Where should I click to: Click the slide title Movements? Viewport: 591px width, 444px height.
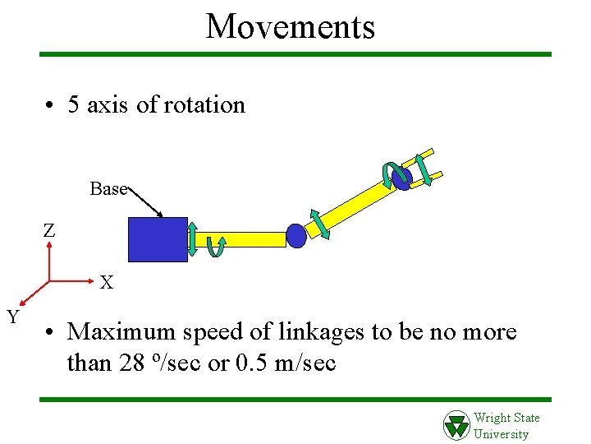[x=291, y=26]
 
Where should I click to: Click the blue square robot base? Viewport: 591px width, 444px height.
[x=158, y=239]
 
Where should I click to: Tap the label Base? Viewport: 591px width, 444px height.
[x=108, y=189]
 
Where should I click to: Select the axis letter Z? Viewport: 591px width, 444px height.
[x=49, y=231]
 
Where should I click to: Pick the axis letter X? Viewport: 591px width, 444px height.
[x=107, y=284]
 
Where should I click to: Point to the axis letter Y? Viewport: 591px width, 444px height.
[x=13, y=316]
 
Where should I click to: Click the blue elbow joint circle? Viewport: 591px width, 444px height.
[x=296, y=236]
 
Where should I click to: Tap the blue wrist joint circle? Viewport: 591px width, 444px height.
[x=402, y=178]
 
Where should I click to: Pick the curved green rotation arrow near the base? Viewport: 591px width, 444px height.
[x=215, y=246]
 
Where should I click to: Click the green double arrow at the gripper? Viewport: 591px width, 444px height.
[x=424, y=168]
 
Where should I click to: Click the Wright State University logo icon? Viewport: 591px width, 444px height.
[x=456, y=425]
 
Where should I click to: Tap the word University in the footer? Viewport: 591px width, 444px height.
[x=502, y=434]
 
